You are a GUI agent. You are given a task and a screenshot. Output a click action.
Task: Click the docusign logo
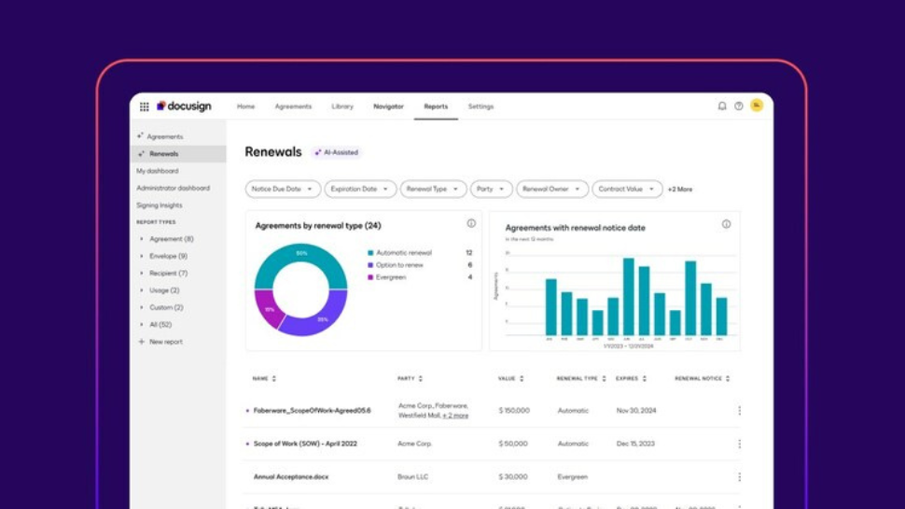[185, 106]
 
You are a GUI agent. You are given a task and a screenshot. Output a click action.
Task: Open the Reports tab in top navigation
[436, 106]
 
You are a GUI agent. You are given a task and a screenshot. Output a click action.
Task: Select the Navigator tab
[388, 106]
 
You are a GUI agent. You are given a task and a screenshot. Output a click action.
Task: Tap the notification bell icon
[722, 106]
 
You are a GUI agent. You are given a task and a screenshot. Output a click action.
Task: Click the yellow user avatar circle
[757, 106]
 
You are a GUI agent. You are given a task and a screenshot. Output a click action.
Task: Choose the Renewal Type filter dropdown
[433, 189]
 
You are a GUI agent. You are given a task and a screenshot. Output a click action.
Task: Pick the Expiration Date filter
[360, 189]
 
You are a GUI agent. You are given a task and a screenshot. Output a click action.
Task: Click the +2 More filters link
[680, 190]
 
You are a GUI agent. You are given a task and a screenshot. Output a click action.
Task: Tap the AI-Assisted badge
[337, 152]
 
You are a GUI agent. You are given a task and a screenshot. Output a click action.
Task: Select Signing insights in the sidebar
[160, 205]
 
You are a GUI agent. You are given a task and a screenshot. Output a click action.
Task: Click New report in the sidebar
[165, 342]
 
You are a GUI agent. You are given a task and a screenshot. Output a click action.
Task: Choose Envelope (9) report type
[168, 256]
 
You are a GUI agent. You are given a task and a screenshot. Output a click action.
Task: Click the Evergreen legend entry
[391, 277]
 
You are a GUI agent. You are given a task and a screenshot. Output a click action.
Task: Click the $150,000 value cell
[514, 410]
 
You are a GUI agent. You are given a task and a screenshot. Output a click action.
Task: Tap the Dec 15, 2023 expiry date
[635, 444]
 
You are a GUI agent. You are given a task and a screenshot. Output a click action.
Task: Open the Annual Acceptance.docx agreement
[291, 477]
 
